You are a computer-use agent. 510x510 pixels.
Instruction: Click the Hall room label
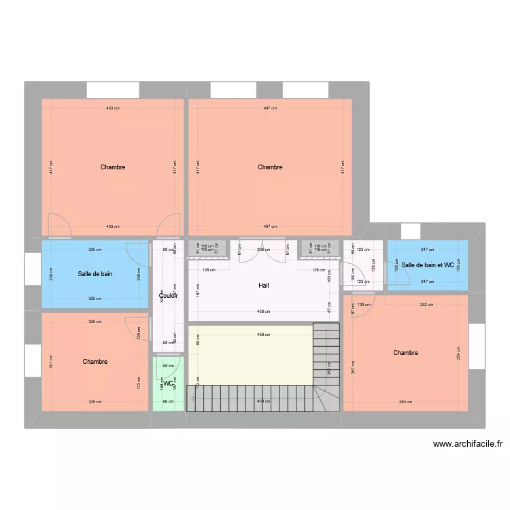pyautogui.click(x=263, y=286)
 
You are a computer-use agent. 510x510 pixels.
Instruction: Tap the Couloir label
pyautogui.click(x=168, y=296)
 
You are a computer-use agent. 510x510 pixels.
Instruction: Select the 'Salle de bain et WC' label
pyautogui.click(x=427, y=265)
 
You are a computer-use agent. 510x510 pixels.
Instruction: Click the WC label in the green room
pyautogui.click(x=167, y=384)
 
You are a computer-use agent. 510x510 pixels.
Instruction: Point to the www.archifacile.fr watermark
pyautogui.click(x=468, y=445)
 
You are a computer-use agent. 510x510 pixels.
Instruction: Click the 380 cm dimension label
pyautogui.click(x=405, y=402)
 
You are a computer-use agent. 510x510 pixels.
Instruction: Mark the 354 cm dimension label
pyautogui.click(x=459, y=353)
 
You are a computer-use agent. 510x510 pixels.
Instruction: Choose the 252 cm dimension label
pyautogui.click(x=426, y=305)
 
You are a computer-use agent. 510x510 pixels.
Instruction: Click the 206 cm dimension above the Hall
pyautogui.click(x=263, y=250)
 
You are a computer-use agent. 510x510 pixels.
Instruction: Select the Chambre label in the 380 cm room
pyautogui.click(x=405, y=353)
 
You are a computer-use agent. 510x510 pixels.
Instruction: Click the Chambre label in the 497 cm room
pyautogui.click(x=270, y=167)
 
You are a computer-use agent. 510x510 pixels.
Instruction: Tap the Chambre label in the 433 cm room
pyautogui.click(x=113, y=167)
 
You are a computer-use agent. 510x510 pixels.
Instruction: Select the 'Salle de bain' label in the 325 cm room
pyautogui.click(x=95, y=274)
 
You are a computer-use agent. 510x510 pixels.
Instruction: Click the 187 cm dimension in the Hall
pyautogui.click(x=198, y=291)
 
